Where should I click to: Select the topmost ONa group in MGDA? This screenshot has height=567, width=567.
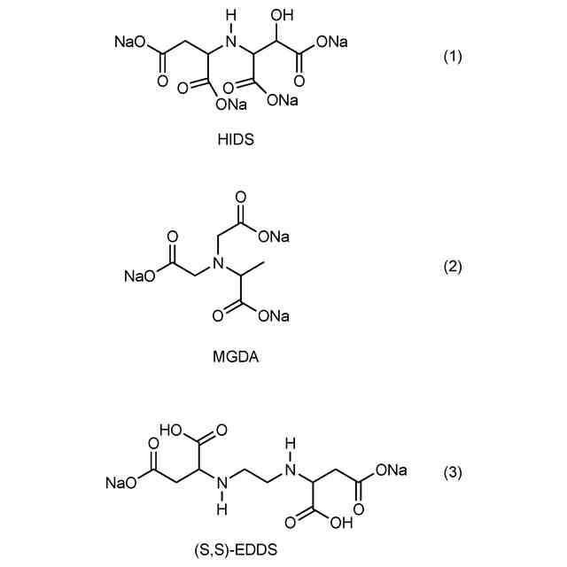[x=274, y=237]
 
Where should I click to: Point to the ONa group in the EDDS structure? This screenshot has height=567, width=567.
[x=390, y=470]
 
